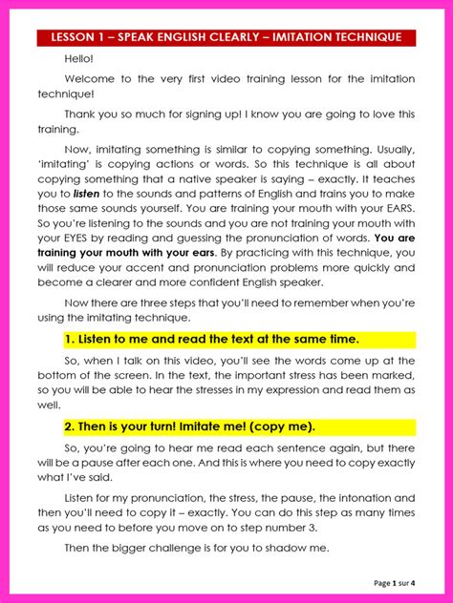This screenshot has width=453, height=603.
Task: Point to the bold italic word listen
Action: pyautogui.click(x=87, y=194)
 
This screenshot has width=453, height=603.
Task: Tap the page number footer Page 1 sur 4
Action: pyautogui.click(x=401, y=583)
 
